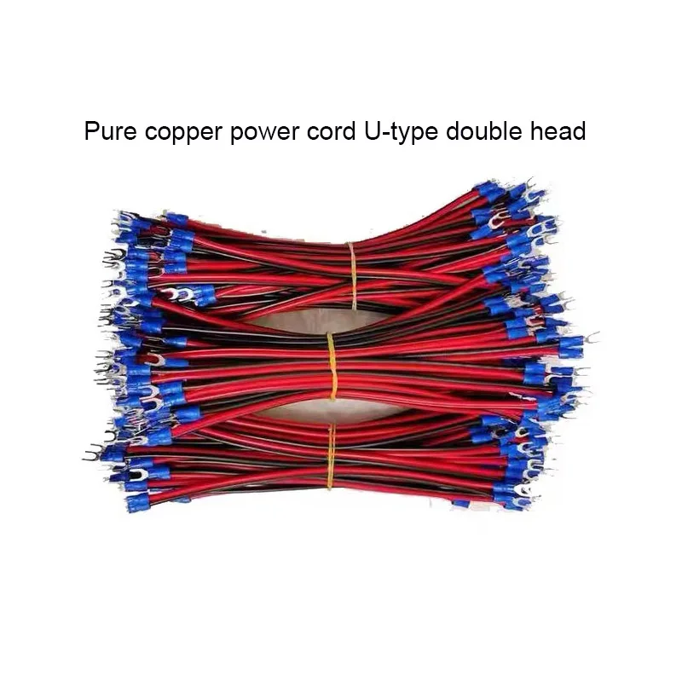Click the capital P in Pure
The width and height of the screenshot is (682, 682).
(x=90, y=132)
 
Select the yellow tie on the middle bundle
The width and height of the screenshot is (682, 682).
(x=332, y=366)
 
